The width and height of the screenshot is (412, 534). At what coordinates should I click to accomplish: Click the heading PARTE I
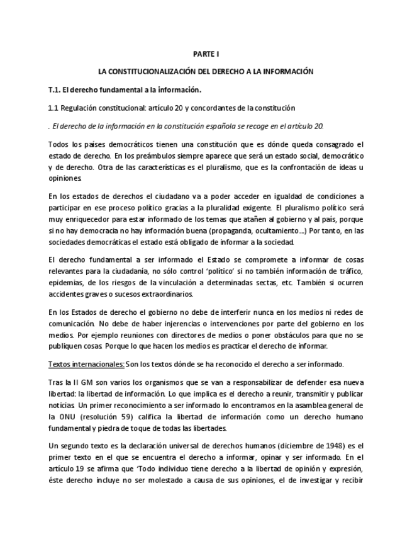click(x=206, y=55)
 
